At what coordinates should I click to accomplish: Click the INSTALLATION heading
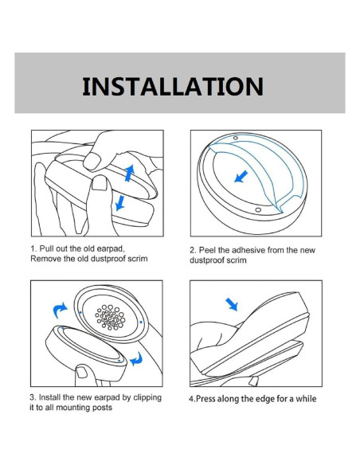[173, 86]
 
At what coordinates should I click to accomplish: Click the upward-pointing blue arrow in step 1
[129, 174]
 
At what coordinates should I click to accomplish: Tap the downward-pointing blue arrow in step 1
[119, 202]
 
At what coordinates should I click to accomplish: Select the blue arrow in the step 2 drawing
[241, 177]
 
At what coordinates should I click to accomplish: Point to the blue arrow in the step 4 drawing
[232, 305]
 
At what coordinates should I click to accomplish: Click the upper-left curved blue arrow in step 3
[59, 311]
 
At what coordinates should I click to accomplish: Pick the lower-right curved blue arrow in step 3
[137, 359]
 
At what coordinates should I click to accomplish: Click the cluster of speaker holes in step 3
[110, 318]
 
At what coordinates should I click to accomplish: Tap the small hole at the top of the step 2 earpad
[236, 138]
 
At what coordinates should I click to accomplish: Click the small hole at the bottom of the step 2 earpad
[258, 210]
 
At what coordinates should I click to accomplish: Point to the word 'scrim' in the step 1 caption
[138, 259]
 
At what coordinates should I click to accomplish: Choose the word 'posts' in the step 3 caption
[102, 408]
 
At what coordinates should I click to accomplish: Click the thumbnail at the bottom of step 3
[82, 372]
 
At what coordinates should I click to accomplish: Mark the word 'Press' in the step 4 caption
[205, 399]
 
